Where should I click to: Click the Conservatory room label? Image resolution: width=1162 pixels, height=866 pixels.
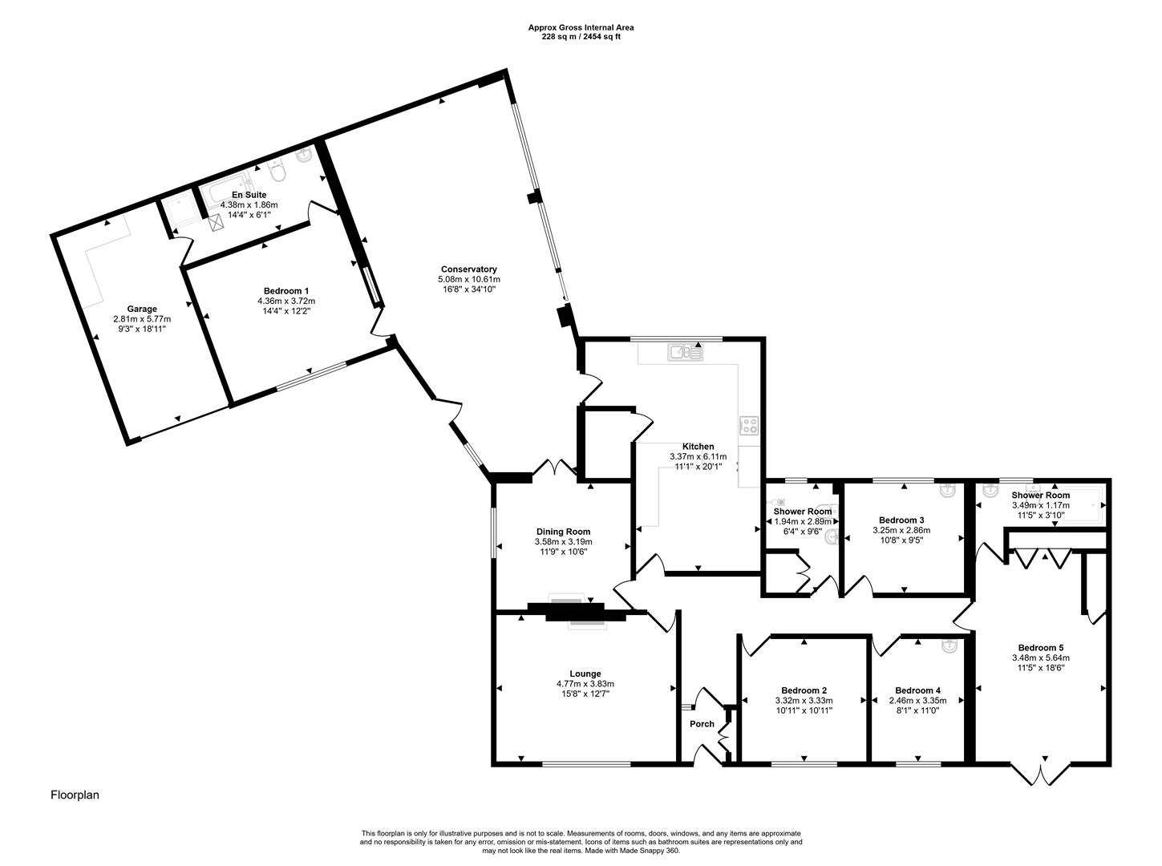click(x=468, y=269)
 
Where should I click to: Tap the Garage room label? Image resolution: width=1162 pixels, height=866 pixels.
click(x=142, y=309)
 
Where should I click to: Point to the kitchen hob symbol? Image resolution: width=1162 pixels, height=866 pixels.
click(x=749, y=426)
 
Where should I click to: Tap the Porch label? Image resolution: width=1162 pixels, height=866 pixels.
click(x=702, y=724)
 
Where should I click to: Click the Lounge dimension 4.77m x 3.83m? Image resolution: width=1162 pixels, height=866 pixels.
click(x=585, y=684)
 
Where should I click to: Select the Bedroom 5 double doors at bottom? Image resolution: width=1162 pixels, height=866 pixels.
click(x=1039, y=774)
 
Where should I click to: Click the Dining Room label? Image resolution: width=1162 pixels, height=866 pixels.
click(x=563, y=532)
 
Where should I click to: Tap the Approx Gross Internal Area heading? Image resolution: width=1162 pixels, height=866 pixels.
click(x=581, y=27)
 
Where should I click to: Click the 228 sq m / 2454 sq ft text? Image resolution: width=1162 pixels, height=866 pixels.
click(x=581, y=37)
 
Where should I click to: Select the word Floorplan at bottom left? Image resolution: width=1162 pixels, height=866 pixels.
click(x=75, y=795)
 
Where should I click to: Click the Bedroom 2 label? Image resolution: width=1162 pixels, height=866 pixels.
click(x=804, y=690)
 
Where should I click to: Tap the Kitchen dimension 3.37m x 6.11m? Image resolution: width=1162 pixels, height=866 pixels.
click(x=698, y=457)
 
